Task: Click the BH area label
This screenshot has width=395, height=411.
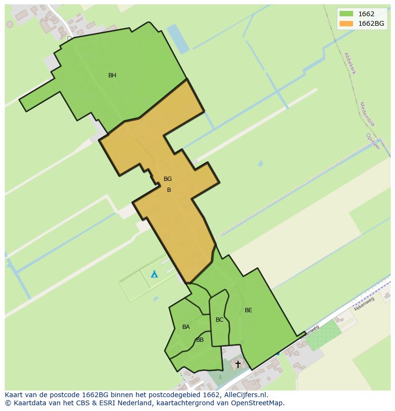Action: click(112, 75)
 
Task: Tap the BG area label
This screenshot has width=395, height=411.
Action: click(167, 179)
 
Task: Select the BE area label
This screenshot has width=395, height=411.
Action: click(248, 310)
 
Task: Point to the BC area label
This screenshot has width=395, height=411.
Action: click(219, 320)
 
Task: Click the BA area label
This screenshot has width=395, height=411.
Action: click(186, 327)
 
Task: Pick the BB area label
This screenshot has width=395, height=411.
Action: click(200, 340)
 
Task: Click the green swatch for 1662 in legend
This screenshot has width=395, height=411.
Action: click(346, 14)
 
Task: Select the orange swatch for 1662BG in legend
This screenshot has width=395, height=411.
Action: click(346, 23)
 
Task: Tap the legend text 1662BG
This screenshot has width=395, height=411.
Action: click(372, 23)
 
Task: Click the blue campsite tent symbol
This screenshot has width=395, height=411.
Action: click(154, 274)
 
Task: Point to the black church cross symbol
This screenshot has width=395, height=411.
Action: click(238, 364)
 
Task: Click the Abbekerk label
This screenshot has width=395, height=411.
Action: click(350, 63)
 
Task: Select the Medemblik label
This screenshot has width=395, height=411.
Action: click(367, 114)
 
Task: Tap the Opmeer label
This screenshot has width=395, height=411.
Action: click(373, 142)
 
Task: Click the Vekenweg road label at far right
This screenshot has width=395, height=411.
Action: click(364, 304)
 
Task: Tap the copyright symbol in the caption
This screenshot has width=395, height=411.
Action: click(8, 403)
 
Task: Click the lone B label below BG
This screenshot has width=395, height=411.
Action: click(169, 190)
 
